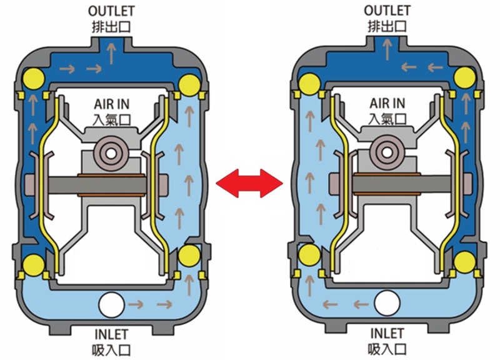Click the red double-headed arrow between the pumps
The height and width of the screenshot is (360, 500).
coord(249,183)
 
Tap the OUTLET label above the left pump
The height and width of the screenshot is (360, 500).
coord(111,10)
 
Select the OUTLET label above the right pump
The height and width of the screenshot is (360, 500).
coord(387,10)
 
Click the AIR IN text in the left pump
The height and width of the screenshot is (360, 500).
coord(112,103)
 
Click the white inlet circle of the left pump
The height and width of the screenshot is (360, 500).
coord(111,305)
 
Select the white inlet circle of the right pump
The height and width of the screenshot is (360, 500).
coord(388,305)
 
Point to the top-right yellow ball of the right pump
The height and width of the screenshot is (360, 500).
coord(466,77)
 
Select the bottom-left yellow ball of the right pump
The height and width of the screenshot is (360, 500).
coord(310,255)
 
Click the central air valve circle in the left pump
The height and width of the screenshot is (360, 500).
coord(112,152)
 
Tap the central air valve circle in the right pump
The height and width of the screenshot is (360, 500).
coord(387,152)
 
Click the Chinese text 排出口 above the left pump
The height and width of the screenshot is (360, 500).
coord(111,26)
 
